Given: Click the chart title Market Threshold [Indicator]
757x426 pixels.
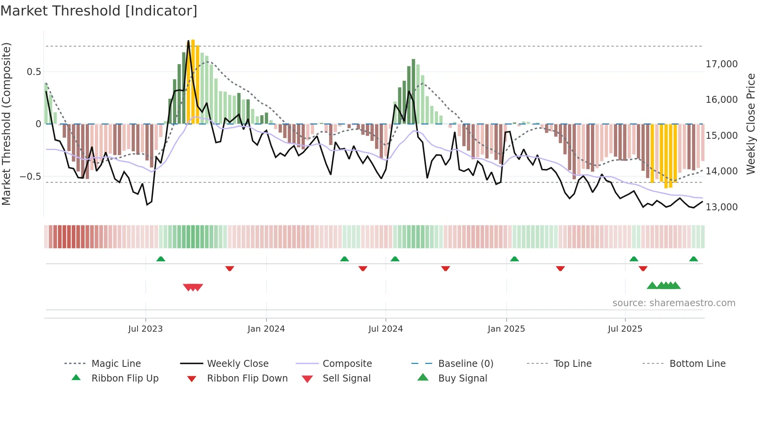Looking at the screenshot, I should (99, 11).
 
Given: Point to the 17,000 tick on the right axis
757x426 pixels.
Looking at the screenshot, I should (721, 64).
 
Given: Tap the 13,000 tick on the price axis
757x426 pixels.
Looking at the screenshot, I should (721, 207).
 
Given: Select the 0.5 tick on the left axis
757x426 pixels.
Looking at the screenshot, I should (34, 72).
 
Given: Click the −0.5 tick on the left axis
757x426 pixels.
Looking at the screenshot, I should (31, 177).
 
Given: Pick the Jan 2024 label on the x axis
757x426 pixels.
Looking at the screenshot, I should (266, 329).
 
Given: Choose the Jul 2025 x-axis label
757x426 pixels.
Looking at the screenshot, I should (625, 329).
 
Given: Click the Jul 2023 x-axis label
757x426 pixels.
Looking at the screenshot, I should (146, 329).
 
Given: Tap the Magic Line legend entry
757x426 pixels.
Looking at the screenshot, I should (116, 364).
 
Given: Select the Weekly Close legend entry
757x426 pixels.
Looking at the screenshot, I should (238, 364).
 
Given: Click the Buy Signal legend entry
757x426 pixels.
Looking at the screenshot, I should (462, 378).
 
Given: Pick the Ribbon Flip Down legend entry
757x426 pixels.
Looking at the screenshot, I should (247, 378).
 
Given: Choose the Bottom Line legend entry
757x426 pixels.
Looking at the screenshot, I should (697, 364).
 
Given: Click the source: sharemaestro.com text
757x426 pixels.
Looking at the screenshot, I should (674, 303).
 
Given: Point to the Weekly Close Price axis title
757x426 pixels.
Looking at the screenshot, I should (750, 124).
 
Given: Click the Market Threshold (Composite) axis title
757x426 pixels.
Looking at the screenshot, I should (7, 124).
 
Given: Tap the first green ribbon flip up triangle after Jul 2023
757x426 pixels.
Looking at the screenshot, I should (161, 259).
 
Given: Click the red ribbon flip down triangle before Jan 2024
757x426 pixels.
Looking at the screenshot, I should (230, 268).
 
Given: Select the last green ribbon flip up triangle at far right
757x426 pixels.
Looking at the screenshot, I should (693, 259).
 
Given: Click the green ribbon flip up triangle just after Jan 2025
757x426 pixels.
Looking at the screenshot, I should (514, 259).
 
